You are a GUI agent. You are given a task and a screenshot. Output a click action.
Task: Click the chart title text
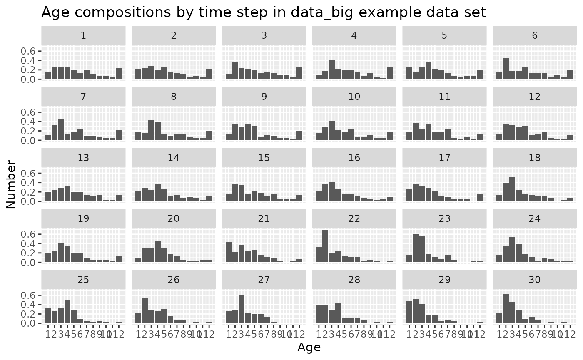tap(264, 12)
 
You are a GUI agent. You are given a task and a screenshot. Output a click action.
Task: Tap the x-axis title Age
tap(309, 347)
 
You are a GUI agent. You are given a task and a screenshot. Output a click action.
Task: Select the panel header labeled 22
tap(354, 218)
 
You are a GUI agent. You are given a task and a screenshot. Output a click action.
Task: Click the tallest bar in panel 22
tap(325, 246)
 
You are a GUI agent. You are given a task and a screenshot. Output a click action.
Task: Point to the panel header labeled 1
tap(83, 35)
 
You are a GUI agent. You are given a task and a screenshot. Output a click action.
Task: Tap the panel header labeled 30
tap(534, 280)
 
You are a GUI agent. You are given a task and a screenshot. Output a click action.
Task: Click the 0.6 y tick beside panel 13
tap(32, 173)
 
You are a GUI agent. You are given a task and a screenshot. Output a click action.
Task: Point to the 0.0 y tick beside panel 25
tap(32, 323)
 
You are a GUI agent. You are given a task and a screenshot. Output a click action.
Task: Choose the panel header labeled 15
tap(264, 157)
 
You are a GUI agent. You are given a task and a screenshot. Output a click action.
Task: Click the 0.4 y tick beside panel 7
tap(32, 122)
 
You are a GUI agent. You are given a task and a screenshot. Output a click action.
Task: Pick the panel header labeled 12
tap(534, 96)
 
